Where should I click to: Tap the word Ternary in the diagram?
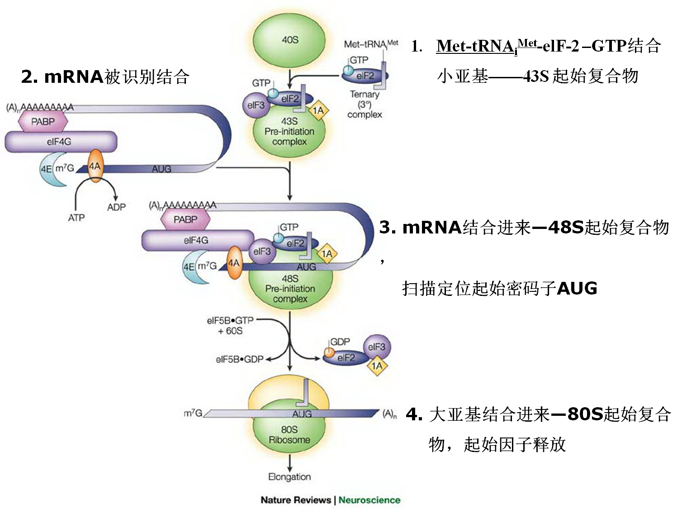click(365, 95)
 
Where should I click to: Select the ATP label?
click(76, 218)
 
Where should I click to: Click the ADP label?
click(116, 207)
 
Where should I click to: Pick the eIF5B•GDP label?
click(240, 359)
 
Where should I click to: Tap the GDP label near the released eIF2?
click(340, 342)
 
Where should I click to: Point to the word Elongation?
click(289, 476)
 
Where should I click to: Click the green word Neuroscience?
click(369, 500)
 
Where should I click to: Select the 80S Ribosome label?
click(289, 434)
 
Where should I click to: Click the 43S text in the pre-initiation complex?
click(289, 121)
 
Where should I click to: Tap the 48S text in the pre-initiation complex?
click(289, 278)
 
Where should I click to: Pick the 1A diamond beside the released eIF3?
click(377, 365)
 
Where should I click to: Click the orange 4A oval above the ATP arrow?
click(95, 166)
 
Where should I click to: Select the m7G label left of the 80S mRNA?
click(193, 413)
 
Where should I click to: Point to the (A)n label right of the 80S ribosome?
click(389, 414)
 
